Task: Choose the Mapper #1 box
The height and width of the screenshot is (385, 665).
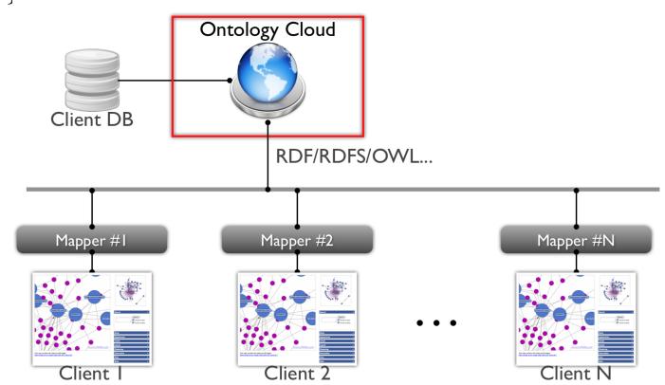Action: [x=92, y=238]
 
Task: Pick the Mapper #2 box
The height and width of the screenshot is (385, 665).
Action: [x=297, y=238]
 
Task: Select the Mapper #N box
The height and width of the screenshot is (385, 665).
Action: [x=576, y=238]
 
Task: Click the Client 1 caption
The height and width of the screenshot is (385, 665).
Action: [x=92, y=371]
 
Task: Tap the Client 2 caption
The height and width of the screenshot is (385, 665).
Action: [x=296, y=371]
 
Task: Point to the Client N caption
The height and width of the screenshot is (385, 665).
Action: [x=576, y=371]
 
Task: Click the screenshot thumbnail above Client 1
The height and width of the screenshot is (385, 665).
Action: [x=92, y=312]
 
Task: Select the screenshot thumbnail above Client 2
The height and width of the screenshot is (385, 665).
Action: [x=297, y=312]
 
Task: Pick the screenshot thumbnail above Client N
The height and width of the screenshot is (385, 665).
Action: [x=576, y=312]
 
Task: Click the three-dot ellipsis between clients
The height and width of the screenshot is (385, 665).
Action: [x=437, y=323]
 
